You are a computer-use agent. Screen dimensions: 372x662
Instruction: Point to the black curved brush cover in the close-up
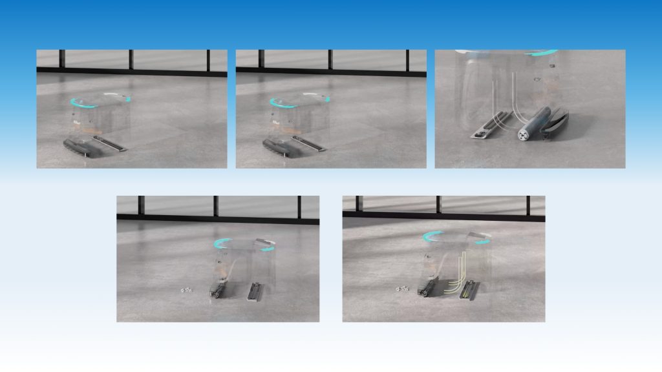(x=555, y=123)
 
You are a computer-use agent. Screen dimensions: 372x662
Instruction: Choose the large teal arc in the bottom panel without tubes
(x=229, y=243)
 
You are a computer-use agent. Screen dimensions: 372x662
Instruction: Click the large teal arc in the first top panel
(x=85, y=103)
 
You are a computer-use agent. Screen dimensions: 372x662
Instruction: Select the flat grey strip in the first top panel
(x=111, y=144)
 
